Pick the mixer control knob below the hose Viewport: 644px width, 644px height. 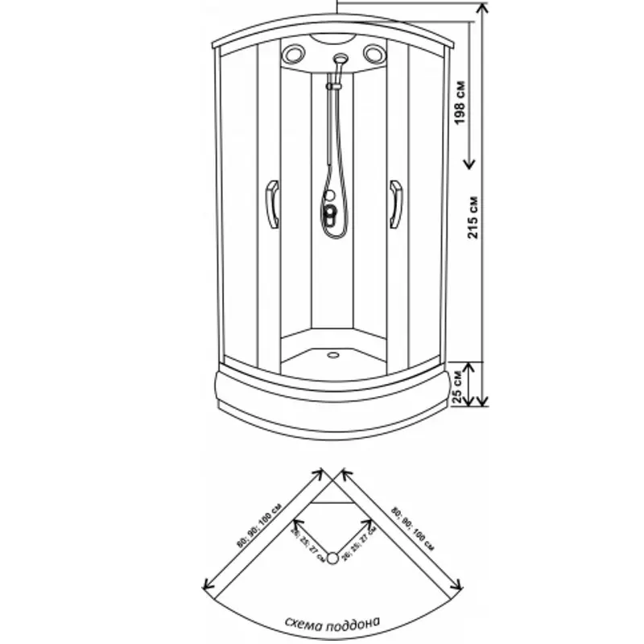330,214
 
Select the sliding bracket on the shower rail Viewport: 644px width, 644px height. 330,84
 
